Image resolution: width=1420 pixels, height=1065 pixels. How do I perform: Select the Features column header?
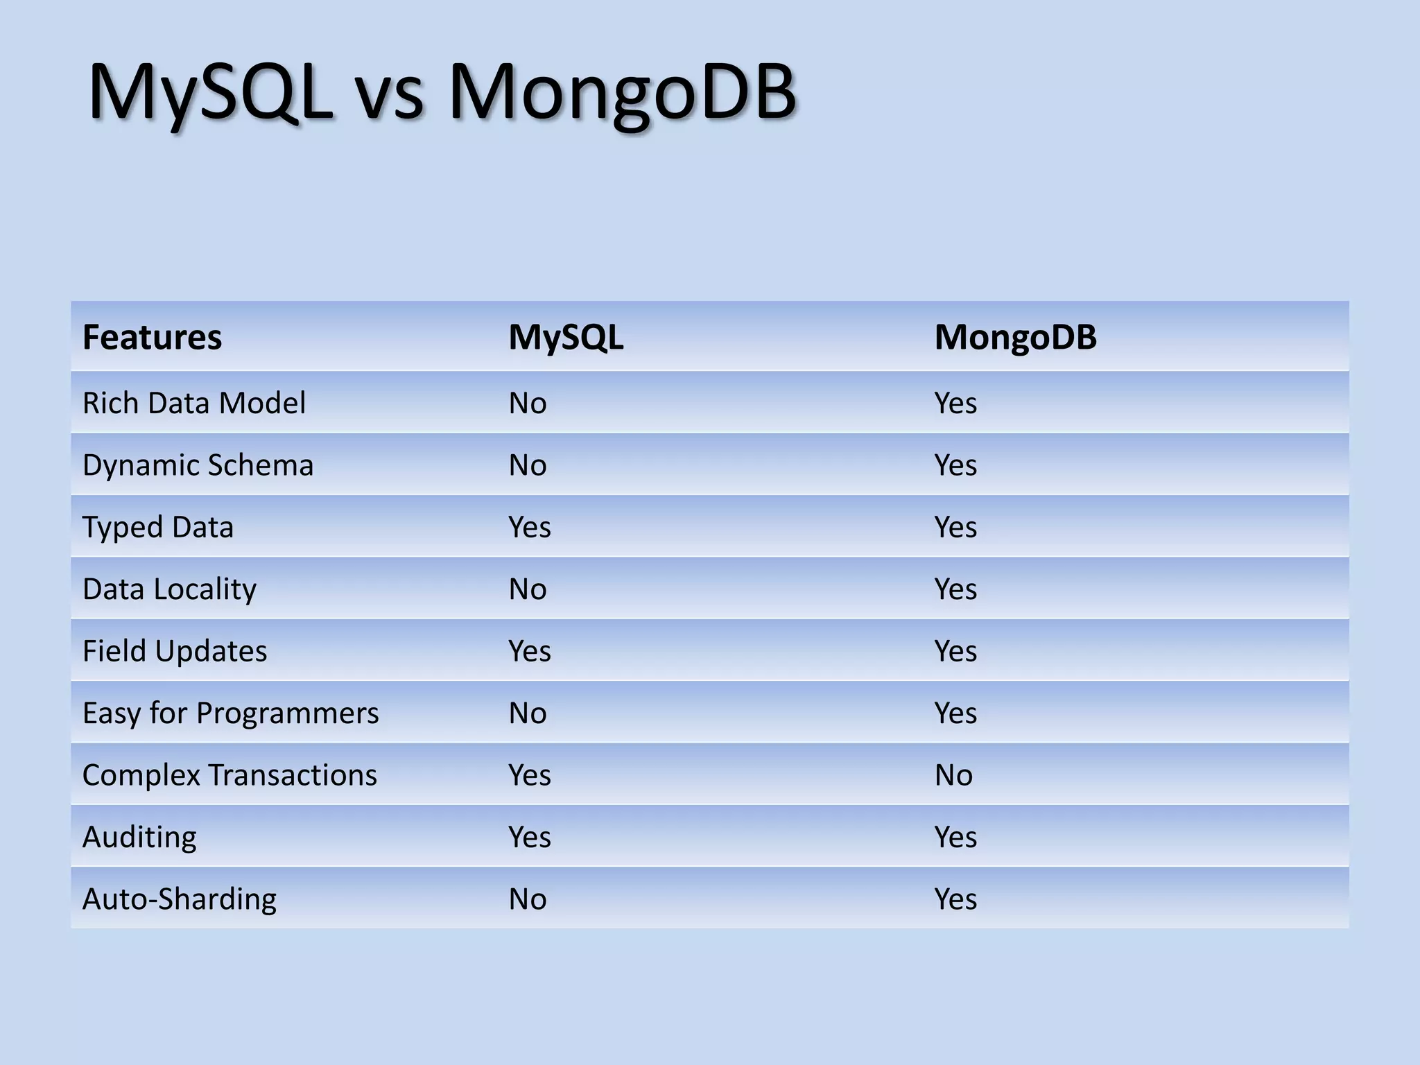[152, 338]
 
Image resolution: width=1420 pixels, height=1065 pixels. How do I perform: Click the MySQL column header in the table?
[566, 338]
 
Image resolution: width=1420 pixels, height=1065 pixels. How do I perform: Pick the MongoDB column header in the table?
[1015, 338]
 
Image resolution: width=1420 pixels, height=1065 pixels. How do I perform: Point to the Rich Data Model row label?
[193, 403]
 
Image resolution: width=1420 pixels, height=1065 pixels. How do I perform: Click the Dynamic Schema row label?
[198, 465]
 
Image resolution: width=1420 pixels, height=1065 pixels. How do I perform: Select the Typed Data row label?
[158, 527]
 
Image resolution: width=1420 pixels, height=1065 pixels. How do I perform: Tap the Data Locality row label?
[169, 589]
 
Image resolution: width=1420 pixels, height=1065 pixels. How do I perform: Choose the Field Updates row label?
[175, 651]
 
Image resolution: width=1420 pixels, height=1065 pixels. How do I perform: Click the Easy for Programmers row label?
[230, 713]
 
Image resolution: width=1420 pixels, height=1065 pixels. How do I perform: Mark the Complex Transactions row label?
[230, 775]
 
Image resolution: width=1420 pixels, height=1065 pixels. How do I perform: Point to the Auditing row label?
[139, 837]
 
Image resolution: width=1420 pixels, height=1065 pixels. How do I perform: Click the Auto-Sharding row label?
[179, 899]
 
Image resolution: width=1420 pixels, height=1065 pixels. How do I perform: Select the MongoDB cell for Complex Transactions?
[953, 775]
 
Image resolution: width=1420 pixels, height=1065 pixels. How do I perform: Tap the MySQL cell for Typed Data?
[529, 527]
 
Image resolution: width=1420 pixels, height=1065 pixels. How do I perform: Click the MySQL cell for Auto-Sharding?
[528, 899]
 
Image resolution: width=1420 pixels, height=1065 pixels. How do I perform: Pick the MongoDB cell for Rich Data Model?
[955, 403]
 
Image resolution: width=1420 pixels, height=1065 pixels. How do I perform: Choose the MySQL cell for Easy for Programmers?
[528, 713]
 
